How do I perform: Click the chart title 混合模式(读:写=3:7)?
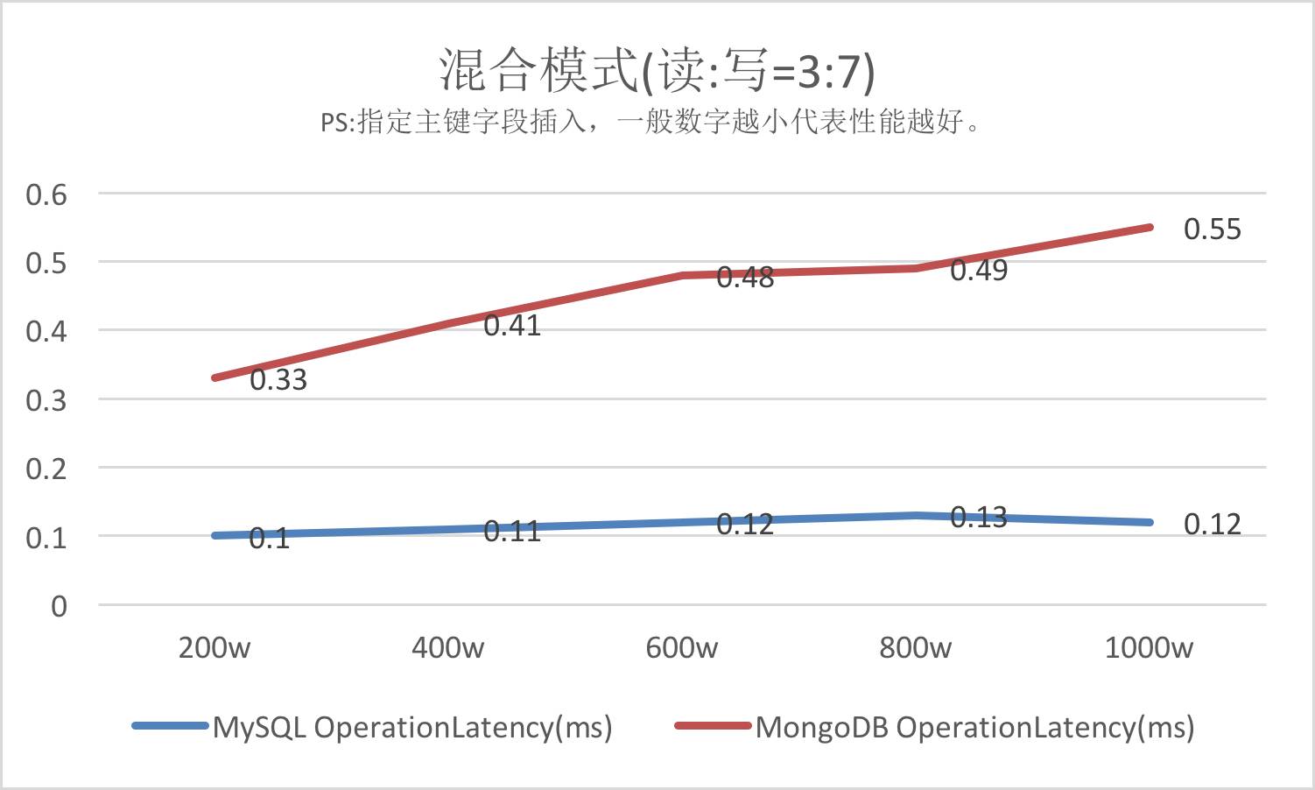coord(657,70)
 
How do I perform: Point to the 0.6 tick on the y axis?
coord(46,194)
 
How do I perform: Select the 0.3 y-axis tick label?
coord(46,400)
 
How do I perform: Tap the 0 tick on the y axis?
coord(59,606)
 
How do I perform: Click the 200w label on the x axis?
coord(214,648)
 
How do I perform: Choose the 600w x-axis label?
coord(681,648)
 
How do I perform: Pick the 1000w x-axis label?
coord(1149,648)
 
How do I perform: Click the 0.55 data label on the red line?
coord(1213,229)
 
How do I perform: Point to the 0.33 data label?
coord(278,380)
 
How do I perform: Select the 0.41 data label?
coord(512,326)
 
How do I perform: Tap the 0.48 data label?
coord(745,278)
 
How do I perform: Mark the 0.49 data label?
coord(979,271)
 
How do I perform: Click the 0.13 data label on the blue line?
coord(979,518)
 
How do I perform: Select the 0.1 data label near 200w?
coord(270,539)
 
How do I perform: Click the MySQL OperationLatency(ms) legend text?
coord(412,727)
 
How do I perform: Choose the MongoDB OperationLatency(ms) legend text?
coord(974,727)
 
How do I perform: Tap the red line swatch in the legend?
coord(713,726)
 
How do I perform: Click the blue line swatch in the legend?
coord(170,726)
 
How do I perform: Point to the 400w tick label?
coord(447,648)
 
